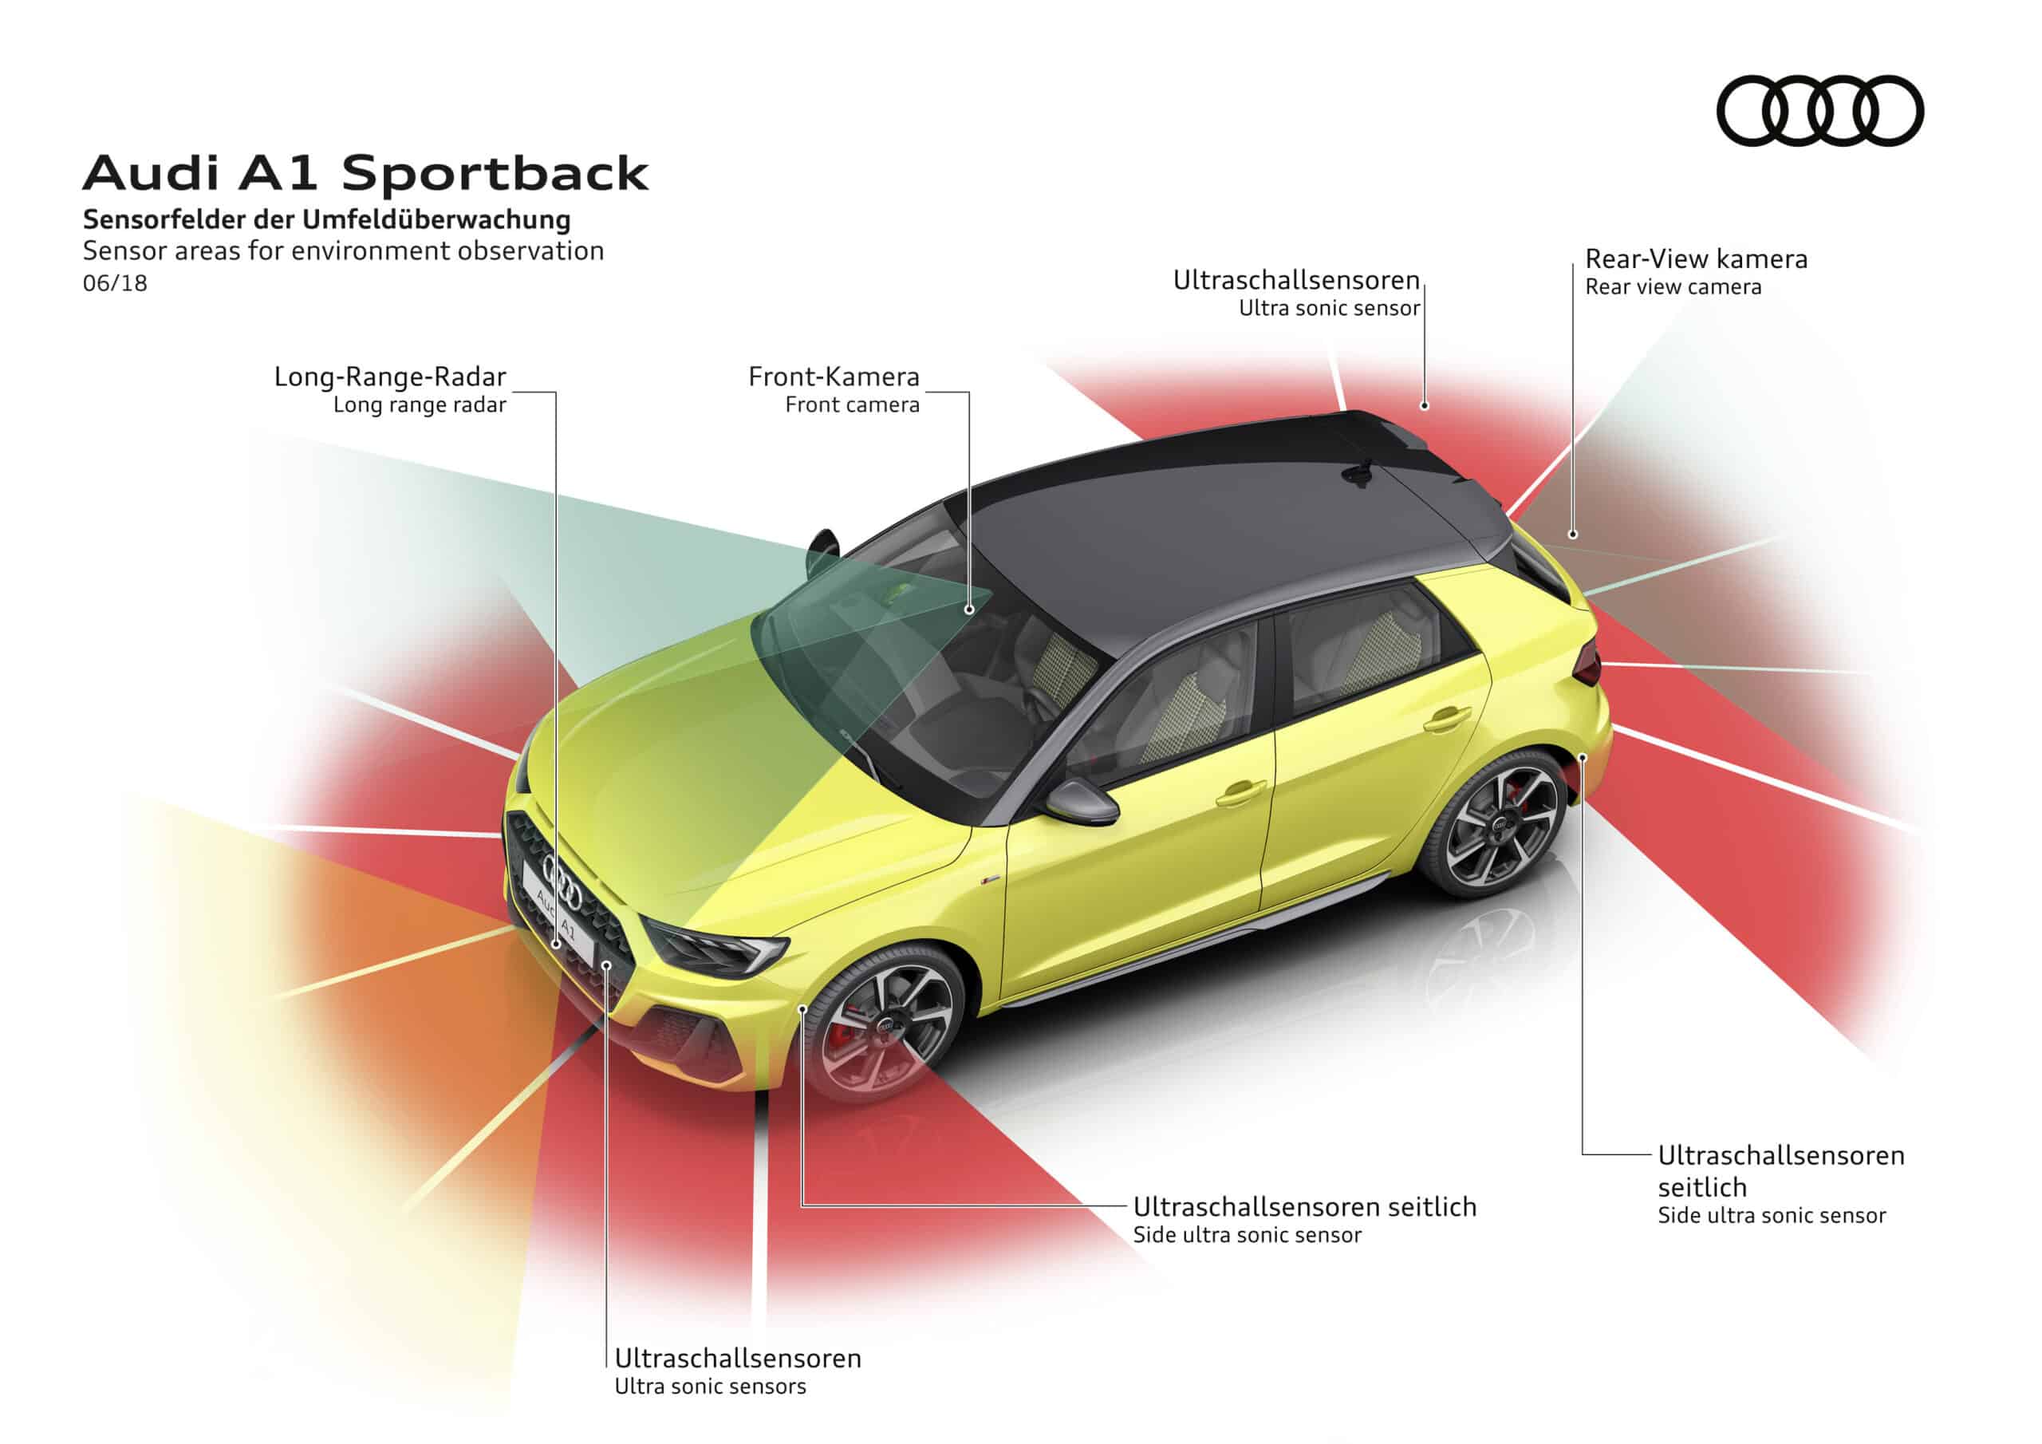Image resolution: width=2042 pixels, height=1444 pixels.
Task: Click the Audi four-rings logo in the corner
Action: coord(1819,110)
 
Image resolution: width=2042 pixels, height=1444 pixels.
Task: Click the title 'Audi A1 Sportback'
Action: coord(365,172)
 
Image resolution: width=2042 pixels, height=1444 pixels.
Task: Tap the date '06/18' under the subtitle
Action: coord(115,284)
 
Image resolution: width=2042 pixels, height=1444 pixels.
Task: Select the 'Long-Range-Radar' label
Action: coord(389,377)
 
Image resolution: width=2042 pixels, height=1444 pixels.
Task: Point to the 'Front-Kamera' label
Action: coord(834,377)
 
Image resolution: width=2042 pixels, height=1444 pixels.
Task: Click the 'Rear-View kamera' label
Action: coord(1696,260)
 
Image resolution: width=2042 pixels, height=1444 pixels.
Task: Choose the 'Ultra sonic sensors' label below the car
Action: coord(710,1387)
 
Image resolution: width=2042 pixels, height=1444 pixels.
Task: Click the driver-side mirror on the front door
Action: coord(1081,800)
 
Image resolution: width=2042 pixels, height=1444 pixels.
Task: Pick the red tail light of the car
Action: coord(1587,665)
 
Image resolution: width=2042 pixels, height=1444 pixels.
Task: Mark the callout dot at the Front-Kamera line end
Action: coord(969,610)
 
